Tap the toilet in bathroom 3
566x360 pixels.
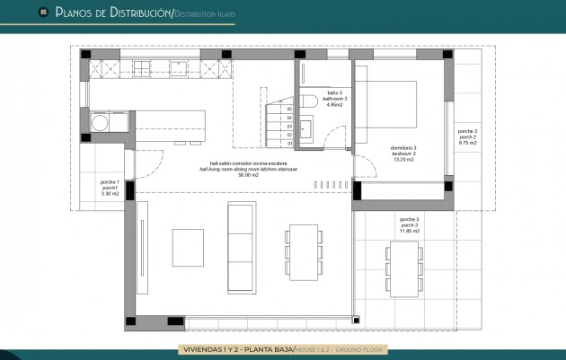pyautogui.click(x=305, y=102)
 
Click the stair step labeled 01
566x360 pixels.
pyautogui.click(x=289, y=143)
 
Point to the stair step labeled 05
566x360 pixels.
pyautogui.click(x=289, y=110)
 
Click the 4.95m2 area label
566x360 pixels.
pyautogui.click(x=334, y=105)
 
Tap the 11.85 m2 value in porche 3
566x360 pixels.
pyautogui.click(x=409, y=231)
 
